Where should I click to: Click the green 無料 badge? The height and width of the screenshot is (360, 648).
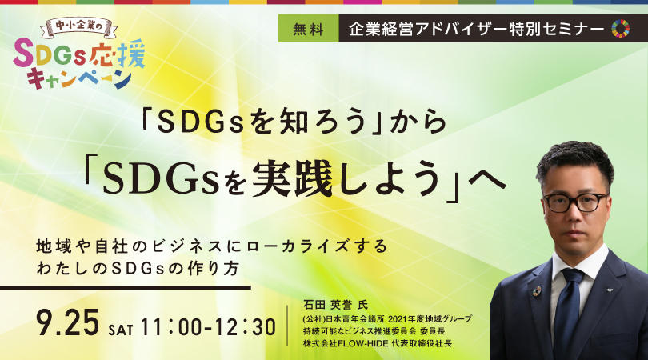pos(309,29)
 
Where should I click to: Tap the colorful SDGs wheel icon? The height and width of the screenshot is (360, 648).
pos(620,29)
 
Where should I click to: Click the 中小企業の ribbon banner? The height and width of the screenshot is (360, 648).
pos(79,27)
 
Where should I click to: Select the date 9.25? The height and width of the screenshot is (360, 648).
pos(68,323)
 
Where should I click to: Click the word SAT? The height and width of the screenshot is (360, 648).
pos(121,330)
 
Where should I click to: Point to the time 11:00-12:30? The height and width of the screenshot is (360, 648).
pos(208,327)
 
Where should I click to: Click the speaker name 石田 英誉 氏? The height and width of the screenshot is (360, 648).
pos(335,305)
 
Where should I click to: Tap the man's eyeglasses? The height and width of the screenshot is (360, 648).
pos(576,202)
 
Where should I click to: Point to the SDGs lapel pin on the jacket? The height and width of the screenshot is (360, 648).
pos(537,291)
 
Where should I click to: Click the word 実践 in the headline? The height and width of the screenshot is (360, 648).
pos(292,178)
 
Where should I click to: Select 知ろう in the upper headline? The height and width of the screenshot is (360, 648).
pos(322,122)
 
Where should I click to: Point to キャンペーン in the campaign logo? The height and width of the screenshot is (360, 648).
pos(79,78)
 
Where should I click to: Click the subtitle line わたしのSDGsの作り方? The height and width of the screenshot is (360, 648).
pos(138,269)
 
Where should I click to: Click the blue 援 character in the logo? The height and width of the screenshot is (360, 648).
pos(130,54)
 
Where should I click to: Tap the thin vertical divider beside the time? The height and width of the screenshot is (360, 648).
pos(287,326)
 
